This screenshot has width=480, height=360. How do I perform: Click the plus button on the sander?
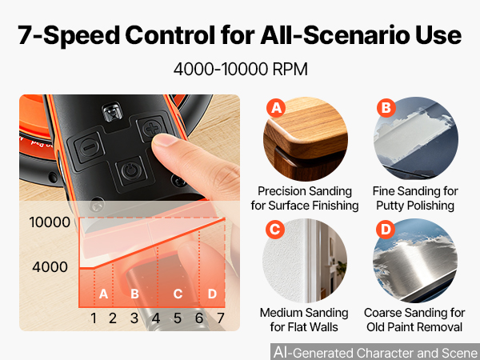click(152, 128)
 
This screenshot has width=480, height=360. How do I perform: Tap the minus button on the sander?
click(89, 147)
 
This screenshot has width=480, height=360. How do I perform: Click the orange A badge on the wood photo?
click(276, 108)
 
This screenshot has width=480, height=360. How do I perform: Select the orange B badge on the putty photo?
click(386, 108)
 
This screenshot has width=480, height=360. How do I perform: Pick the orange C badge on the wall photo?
click(275, 230)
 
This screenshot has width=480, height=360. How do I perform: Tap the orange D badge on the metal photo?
click(386, 230)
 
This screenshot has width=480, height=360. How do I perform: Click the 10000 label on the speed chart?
click(50, 222)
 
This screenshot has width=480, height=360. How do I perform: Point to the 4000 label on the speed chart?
click(50, 267)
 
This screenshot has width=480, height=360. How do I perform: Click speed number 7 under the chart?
click(221, 318)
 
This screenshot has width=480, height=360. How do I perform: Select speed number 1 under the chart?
click(94, 318)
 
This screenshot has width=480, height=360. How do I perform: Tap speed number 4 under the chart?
click(156, 318)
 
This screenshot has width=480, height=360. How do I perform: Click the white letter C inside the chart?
click(178, 294)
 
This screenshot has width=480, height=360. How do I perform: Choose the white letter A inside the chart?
click(103, 294)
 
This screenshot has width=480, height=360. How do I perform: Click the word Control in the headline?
click(170, 35)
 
